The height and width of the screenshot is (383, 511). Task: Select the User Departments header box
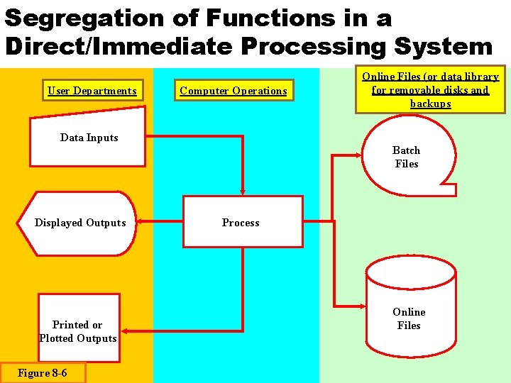tap(92, 90)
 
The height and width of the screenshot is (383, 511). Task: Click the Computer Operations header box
tap(233, 90)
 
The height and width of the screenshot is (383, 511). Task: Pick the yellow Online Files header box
tap(430, 89)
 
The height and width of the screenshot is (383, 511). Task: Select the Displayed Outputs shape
tap(79, 223)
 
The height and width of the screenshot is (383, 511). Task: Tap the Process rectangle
tap(242, 222)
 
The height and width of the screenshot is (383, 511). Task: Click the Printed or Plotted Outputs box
tap(78, 331)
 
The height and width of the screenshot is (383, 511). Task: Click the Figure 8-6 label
tap(43, 373)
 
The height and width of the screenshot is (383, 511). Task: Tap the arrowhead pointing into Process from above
tap(243, 191)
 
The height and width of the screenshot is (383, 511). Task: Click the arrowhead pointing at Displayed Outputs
tap(139, 222)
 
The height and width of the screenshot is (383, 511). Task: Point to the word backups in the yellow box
tap(430, 104)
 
